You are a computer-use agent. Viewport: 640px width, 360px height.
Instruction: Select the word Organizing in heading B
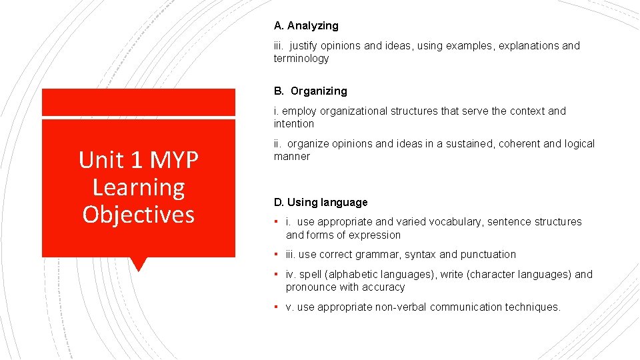[319, 91]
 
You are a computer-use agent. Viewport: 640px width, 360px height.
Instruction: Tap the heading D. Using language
[321, 203]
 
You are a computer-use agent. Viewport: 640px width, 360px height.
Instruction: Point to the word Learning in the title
[139, 187]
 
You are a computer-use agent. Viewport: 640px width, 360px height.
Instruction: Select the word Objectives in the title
[139, 215]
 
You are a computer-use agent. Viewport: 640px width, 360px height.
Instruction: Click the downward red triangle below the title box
[138, 264]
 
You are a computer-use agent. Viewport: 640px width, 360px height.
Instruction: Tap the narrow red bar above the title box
[139, 103]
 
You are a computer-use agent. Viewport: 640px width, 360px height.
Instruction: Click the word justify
[305, 46]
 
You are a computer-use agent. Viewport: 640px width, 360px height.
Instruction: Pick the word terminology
[301, 59]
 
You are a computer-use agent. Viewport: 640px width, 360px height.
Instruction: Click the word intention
[293, 124]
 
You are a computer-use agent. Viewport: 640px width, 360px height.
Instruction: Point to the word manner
[291, 157]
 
